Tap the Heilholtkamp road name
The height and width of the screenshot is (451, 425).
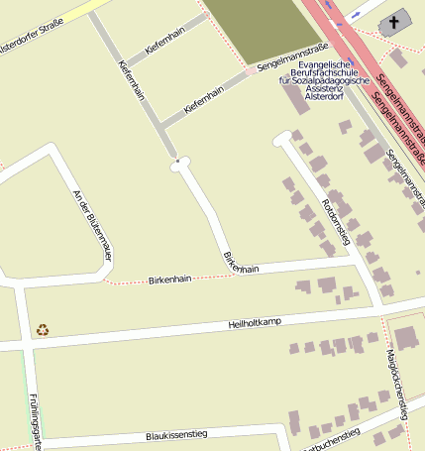point(255,323)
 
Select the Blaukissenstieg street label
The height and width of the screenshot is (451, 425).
point(175,434)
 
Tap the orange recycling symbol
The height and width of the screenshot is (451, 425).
point(42,329)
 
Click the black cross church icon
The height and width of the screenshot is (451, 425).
point(394,22)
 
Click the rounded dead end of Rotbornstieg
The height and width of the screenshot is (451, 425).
point(281,142)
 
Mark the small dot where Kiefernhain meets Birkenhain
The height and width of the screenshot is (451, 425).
point(176,160)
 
